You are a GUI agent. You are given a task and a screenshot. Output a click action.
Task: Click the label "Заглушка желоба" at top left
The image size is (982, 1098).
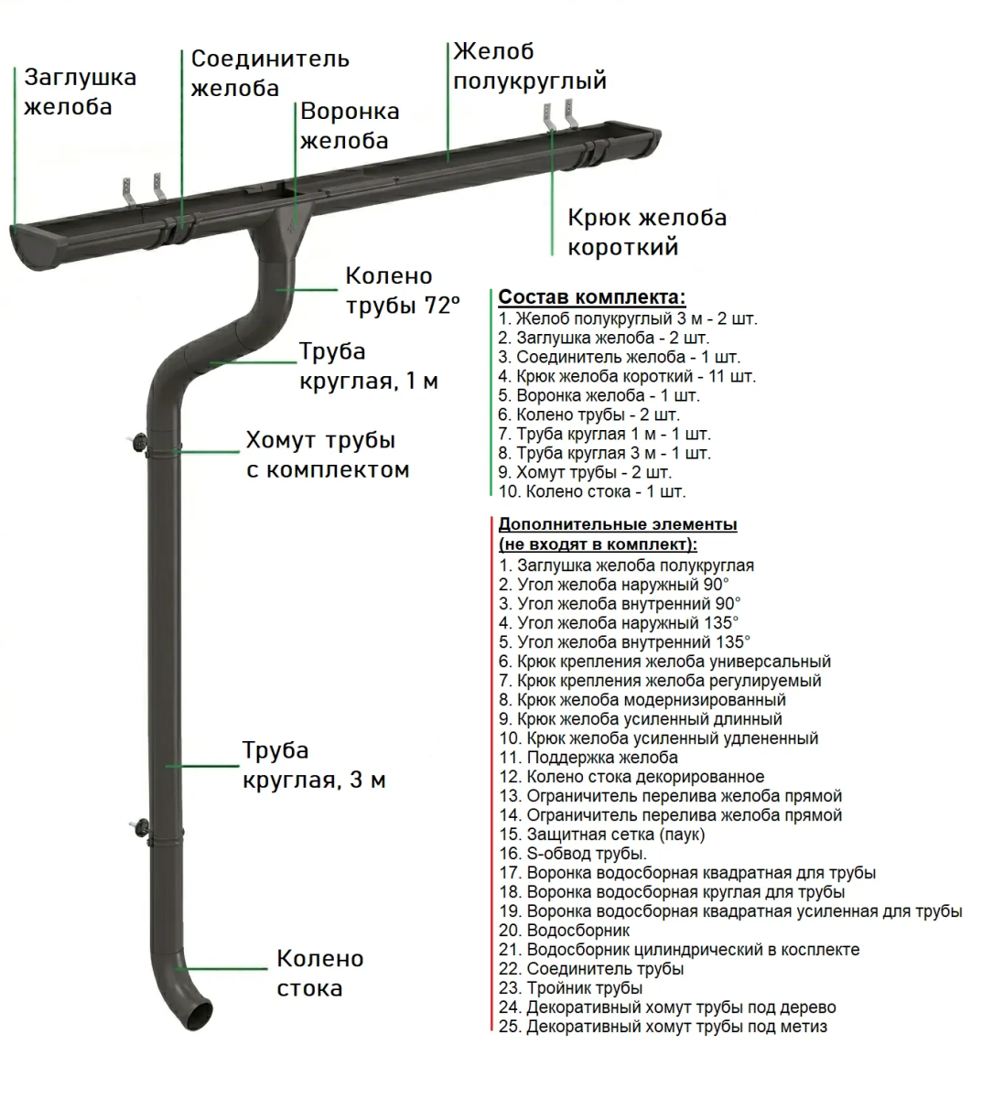[x=80, y=91]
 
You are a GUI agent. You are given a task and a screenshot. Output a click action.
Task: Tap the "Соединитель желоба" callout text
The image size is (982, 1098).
[x=269, y=73]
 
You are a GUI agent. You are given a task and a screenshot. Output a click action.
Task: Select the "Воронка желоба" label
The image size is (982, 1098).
[x=350, y=125]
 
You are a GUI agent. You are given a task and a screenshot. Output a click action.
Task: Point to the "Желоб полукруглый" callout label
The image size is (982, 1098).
[x=529, y=66]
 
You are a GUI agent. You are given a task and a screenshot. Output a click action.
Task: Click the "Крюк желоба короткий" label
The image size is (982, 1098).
[x=646, y=231]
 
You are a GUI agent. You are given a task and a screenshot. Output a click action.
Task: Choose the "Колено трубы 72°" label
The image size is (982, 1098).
[x=401, y=290]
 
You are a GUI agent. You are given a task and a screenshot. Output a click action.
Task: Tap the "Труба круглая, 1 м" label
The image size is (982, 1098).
[x=368, y=366]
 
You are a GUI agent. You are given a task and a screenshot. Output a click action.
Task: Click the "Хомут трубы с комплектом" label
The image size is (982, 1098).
[x=327, y=455]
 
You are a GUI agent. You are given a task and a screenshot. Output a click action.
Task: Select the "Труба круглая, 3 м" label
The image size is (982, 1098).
[x=313, y=765]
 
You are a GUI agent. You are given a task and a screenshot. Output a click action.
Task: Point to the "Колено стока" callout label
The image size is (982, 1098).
[x=319, y=973]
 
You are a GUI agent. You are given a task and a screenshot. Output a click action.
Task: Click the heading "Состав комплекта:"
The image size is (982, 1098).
[x=591, y=297]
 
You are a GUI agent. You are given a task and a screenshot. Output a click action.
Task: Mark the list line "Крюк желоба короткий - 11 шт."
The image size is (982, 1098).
[x=627, y=376]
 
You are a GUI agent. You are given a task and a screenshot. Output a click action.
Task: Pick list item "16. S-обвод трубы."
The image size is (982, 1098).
[x=573, y=854]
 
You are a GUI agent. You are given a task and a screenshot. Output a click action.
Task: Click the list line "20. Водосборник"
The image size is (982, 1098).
[x=565, y=931]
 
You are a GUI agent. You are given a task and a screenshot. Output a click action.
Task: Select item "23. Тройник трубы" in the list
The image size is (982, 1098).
[x=571, y=988]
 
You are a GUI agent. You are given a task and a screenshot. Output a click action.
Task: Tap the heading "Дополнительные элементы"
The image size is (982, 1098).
[x=618, y=524]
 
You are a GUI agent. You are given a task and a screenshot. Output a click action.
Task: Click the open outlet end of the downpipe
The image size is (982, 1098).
[x=203, y=1013]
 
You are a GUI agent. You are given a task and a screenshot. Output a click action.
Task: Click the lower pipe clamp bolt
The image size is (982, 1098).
[x=138, y=826]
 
